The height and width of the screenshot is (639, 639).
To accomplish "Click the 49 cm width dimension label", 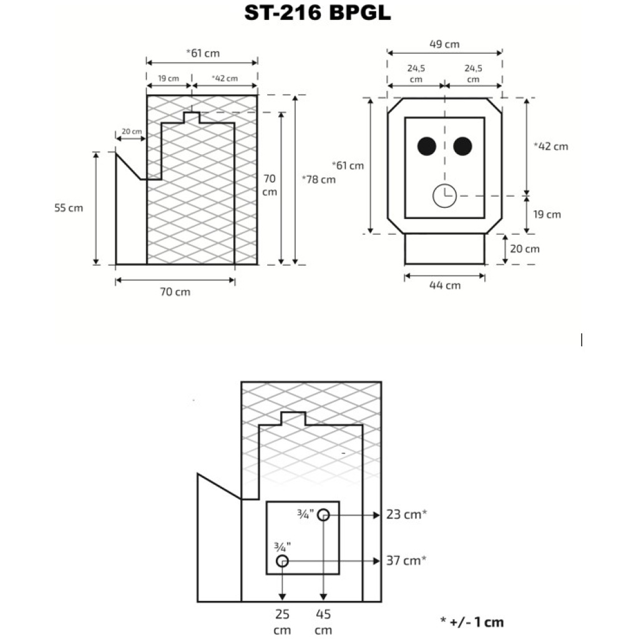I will tap(444, 44).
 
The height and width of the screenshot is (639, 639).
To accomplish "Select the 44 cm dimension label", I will tap(446, 285).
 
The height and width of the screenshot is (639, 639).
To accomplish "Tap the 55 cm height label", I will tap(68, 208).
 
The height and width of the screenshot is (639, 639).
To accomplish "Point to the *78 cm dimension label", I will tap(318, 180).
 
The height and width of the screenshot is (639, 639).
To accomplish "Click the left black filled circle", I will tap(427, 147).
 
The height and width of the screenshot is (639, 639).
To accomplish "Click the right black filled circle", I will tap(462, 147).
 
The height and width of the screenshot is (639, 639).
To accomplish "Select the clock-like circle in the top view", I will tap(444, 196).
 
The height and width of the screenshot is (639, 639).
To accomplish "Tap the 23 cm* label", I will tap(406, 515).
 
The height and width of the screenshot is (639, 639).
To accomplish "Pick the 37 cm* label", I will tap(406, 560).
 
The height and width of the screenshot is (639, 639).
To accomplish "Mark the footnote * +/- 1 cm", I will tap(472, 622).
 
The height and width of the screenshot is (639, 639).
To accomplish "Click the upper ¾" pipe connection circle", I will tap(323, 515).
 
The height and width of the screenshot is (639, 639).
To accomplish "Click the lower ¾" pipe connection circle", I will tap(282, 560).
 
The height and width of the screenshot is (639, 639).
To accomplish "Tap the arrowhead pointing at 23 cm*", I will tap(376, 515).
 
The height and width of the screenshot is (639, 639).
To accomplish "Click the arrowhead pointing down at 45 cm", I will tap(323, 598).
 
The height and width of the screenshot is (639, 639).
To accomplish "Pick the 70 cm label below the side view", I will tap(175, 292).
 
